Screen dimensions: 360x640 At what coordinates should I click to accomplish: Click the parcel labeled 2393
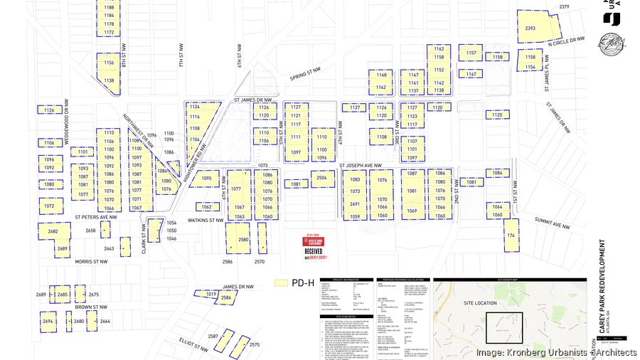coord(530,28)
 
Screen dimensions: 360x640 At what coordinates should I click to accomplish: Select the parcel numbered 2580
coord(243,240)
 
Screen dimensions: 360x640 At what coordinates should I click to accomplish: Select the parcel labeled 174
coord(511,235)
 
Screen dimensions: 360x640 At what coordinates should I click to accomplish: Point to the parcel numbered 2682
coord(53,232)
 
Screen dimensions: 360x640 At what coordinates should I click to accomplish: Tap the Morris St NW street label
coord(91,262)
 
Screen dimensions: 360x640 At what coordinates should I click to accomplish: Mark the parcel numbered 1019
coord(211,294)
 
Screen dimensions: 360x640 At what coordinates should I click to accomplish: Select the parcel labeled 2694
coord(48,322)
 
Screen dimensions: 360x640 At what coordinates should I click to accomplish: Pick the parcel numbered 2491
coord(355,204)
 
